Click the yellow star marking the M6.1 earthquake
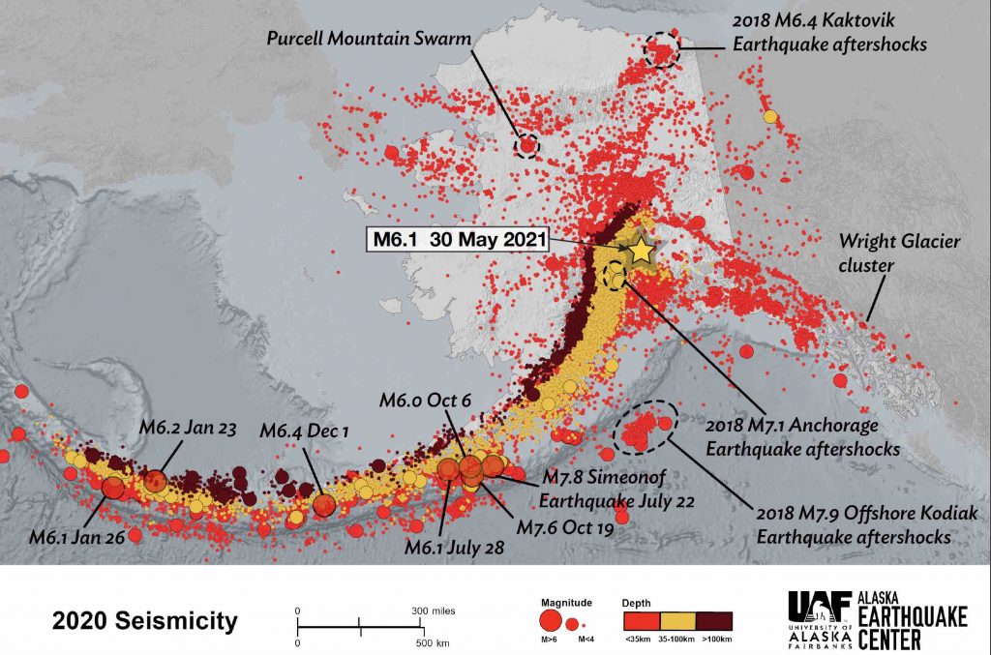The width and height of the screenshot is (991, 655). coord(640,250)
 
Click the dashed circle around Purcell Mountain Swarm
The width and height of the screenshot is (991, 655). coord(526,145)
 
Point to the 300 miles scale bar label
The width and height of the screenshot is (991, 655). coord(434,610)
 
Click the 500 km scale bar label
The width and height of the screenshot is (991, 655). coord(433,641)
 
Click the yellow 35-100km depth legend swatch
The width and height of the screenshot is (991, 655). coord(675,619)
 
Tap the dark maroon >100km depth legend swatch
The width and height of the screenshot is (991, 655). coord(711,619)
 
